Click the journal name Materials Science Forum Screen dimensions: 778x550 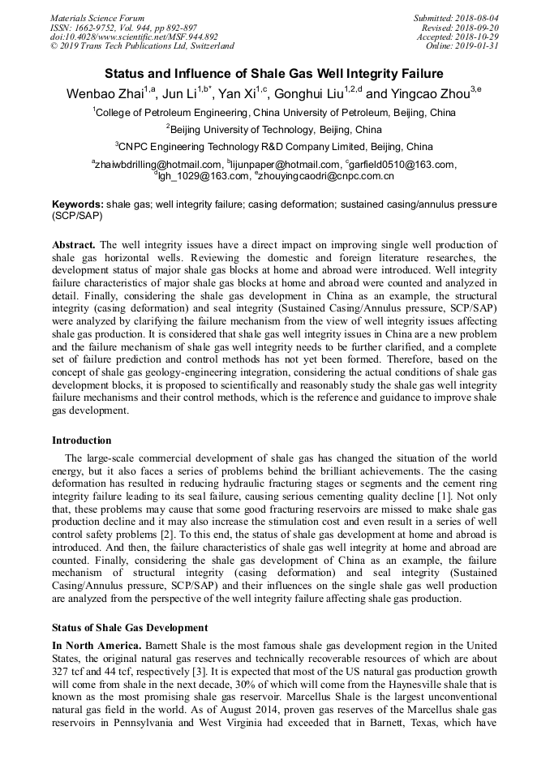(x=97, y=18)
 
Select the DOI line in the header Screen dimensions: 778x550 (x=134, y=37)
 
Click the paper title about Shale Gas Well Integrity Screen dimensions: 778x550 (x=274, y=73)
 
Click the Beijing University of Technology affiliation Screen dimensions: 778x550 (x=274, y=130)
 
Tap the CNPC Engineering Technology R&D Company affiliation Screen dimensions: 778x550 (x=274, y=148)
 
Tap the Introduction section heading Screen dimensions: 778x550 (x=82, y=441)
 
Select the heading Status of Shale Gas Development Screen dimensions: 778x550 (x=130, y=628)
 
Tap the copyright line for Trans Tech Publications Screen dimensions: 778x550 (x=142, y=46)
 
